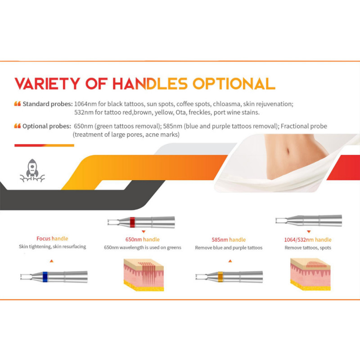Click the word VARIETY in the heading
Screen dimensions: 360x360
tap(47, 84)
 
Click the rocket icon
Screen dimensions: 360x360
tap(32, 171)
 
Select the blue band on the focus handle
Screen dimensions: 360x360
tap(45, 277)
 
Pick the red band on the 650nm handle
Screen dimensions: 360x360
tap(132, 222)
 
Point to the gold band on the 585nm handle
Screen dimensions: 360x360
tap(220, 277)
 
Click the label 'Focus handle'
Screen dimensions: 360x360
tap(52, 238)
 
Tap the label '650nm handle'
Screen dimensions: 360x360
tap(142, 239)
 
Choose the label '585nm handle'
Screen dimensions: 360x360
tap(229, 240)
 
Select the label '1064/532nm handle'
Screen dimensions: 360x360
tap(308, 240)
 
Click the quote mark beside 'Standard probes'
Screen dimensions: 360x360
tap(18, 104)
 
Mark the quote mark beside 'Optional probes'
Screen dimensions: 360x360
tap(18, 126)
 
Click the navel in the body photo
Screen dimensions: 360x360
tap(288, 151)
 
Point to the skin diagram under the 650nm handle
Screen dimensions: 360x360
tap(144, 275)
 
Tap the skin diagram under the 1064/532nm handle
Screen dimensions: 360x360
tap(310, 274)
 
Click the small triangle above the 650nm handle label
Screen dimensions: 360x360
tap(144, 232)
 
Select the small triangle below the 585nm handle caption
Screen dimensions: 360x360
tap(230, 261)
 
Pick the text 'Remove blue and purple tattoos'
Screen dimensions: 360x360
tap(229, 248)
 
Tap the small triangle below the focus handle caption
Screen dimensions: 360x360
tap(51, 261)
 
